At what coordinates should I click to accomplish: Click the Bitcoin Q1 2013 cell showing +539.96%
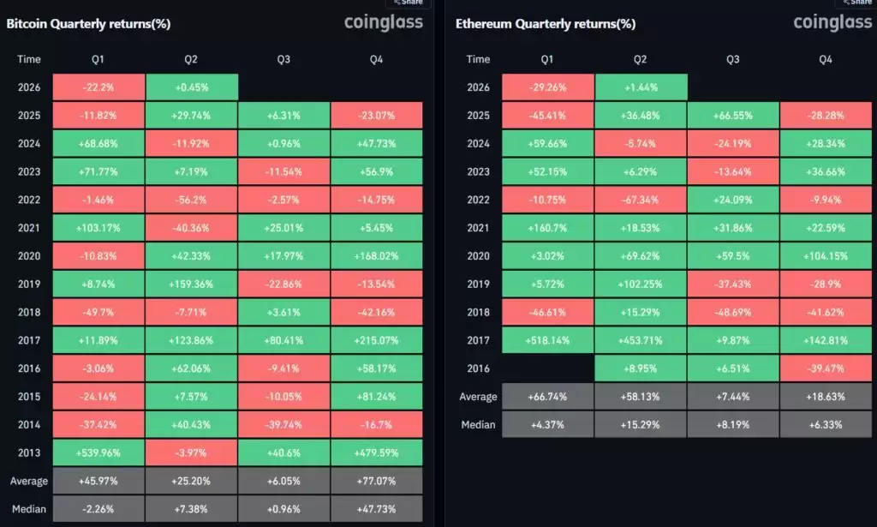click(98, 453)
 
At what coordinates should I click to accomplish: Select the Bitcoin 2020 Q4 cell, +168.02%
click(377, 255)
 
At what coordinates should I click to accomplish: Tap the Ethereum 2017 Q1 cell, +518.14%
click(548, 340)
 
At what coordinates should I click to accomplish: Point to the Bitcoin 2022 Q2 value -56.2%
click(192, 200)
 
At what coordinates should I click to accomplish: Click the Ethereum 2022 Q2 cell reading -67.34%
click(641, 200)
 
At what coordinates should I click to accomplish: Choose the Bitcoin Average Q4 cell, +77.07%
click(377, 481)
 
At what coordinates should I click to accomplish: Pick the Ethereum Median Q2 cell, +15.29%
click(641, 424)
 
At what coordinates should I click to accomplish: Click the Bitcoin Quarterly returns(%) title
click(88, 23)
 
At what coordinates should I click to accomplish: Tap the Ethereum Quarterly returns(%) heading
click(546, 23)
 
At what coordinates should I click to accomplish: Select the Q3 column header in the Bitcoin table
click(284, 59)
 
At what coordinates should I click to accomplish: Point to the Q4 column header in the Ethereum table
click(825, 59)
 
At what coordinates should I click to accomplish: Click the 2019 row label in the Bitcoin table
click(29, 284)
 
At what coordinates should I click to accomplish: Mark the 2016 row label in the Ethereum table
click(479, 368)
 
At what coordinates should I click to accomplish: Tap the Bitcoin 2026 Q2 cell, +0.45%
click(192, 87)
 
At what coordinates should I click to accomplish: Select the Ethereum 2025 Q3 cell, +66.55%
click(733, 115)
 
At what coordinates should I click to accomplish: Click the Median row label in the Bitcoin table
click(29, 509)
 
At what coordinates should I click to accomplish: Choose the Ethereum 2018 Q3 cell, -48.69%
click(733, 312)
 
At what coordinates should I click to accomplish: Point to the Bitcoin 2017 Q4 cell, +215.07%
click(377, 340)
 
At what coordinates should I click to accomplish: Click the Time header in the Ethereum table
click(479, 59)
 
